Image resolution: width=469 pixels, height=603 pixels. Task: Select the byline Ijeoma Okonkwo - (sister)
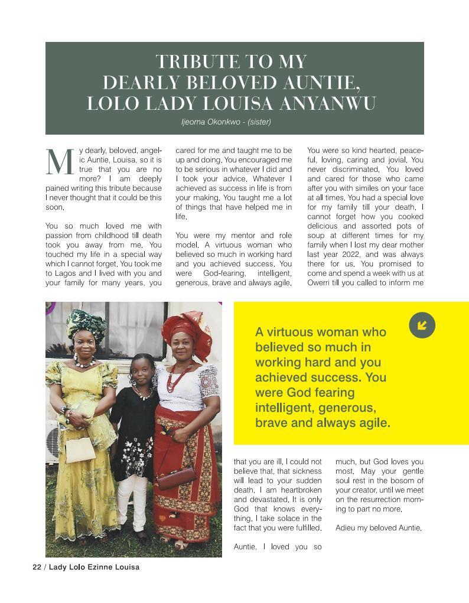[x=226, y=122]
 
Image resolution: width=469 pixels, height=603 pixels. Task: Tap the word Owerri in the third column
[x=320, y=283]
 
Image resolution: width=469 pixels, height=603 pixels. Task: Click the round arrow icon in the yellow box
[x=422, y=325]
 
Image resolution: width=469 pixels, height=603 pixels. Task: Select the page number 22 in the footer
[x=37, y=567]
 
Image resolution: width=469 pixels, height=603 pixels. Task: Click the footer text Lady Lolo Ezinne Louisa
[x=94, y=567]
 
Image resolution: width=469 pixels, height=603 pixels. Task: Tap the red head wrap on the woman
[x=186, y=331]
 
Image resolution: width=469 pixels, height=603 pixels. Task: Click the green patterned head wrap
[x=86, y=323]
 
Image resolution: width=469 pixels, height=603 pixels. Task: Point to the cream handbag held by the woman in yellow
[x=80, y=449]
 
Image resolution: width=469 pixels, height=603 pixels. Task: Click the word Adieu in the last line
[x=346, y=528]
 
